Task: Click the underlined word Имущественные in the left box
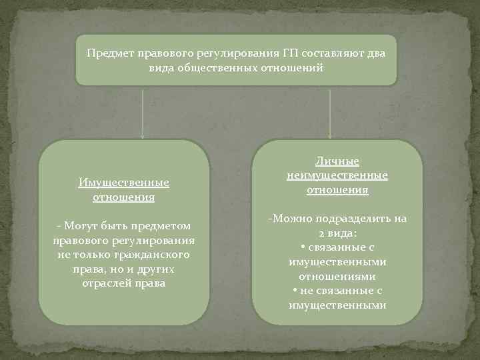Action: click(x=123, y=183)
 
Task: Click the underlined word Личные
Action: click(x=337, y=161)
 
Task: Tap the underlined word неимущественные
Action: click(x=337, y=175)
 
